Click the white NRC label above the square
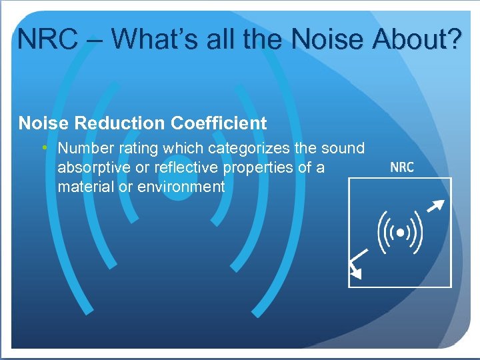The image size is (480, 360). click(x=401, y=167)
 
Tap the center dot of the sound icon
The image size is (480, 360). click(x=400, y=233)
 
